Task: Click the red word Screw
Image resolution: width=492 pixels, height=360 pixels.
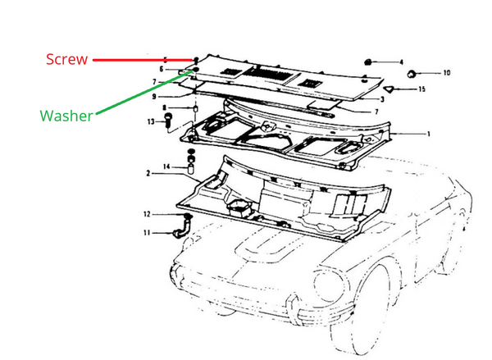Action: click(66, 59)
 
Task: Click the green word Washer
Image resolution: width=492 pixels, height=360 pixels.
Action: click(66, 116)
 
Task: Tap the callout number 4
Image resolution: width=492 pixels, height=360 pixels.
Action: click(401, 62)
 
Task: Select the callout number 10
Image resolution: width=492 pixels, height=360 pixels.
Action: click(447, 73)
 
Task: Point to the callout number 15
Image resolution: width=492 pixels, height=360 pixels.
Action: click(422, 89)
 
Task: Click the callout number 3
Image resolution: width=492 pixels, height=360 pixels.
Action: click(382, 99)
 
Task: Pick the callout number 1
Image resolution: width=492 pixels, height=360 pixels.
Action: click(429, 134)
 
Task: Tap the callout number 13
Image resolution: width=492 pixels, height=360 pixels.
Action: click(151, 121)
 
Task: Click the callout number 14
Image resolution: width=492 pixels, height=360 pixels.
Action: click(166, 166)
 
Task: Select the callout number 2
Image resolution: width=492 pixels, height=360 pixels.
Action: click(148, 173)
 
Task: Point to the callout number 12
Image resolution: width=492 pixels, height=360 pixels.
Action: click(147, 214)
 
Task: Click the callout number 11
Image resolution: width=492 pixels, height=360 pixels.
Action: click(147, 233)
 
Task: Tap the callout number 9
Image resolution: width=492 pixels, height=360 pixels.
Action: click(154, 97)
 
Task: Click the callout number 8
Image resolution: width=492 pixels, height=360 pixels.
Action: click(164, 108)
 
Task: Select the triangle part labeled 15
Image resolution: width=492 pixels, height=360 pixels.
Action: click(389, 89)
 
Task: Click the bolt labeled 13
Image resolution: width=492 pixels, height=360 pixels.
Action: click(168, 120)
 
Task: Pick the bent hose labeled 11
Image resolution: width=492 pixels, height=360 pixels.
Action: click(182, 229)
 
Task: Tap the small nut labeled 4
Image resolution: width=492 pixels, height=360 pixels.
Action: click(368, 62)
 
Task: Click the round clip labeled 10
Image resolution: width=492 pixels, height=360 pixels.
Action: click(411, 74)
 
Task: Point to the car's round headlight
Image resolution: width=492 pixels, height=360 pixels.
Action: click(329, 285)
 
